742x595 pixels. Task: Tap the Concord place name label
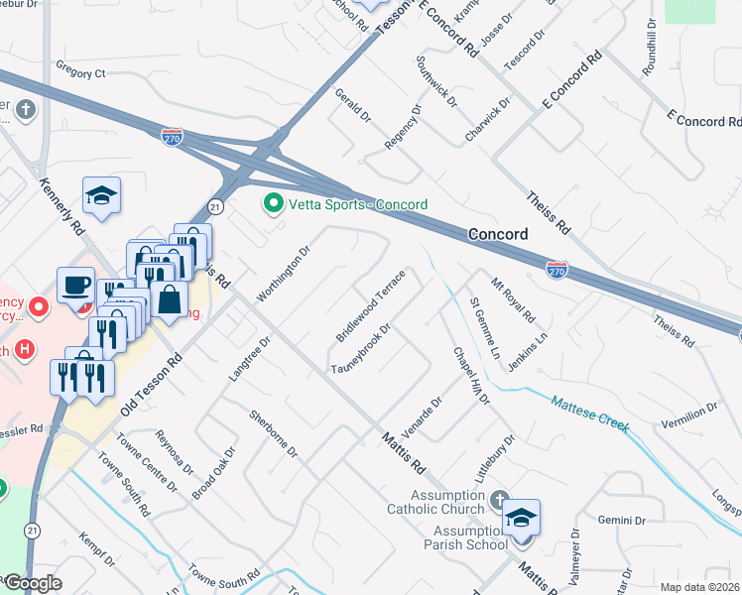[x=495, y=234]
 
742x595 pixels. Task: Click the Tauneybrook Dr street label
[x=357, y=347]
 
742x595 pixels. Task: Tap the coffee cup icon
[x=76, y=286]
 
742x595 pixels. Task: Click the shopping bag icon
[x=170, y=299]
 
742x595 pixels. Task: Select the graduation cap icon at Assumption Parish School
[x=521, y=518]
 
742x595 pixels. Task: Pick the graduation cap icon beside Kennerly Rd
[x=101, y=195]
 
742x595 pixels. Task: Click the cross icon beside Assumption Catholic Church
[x=498, y=499]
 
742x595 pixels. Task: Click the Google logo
[x=32, y=584]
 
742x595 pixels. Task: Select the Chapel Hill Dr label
[x=473, y=376]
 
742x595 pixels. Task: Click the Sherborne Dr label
[x=274, y=433]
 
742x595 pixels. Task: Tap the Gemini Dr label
[x=622, y=520]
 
